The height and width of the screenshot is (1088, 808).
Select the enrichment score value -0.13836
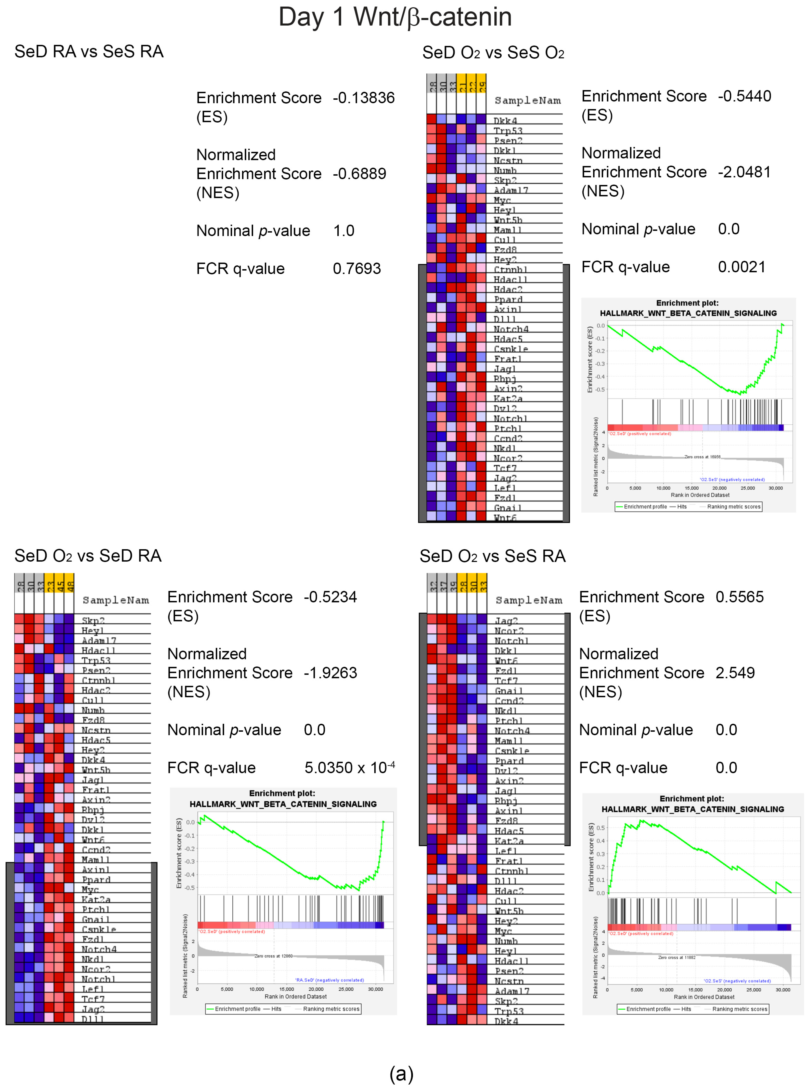coord(364,98)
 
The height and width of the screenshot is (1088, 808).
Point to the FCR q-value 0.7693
coord(357,269)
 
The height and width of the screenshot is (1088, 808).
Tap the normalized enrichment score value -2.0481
coord(744,172)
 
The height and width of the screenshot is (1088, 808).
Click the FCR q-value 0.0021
coord(742,267)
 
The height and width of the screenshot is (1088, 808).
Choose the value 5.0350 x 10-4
coord(349,768)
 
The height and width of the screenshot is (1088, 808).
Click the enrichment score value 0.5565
coord(739,597)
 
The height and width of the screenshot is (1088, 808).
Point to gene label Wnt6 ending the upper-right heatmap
coord(505,518)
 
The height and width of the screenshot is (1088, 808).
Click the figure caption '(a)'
coord(401,1073)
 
